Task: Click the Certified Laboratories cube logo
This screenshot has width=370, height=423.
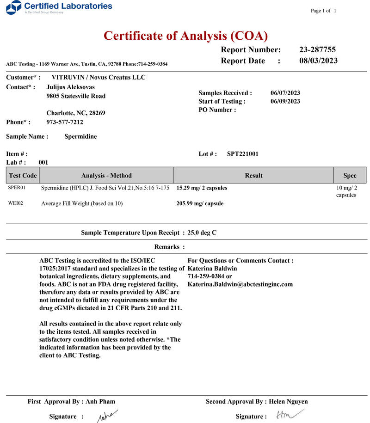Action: (16, 7)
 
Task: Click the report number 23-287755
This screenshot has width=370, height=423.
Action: (317, 50)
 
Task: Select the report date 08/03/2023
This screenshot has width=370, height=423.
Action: (318, 61)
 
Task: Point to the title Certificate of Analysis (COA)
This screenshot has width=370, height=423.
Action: (185, 36)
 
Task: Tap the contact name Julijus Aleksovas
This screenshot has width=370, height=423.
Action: (71, 87)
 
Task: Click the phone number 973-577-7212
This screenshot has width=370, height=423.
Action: (65, 122)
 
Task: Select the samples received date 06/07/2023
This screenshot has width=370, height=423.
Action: (285, 93)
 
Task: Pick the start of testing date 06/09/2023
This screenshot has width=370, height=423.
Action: (285, 101)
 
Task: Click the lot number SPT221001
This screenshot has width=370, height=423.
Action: (243, 154)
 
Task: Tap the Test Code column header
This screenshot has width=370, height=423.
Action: (23, 176)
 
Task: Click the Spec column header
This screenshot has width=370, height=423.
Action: (350, 176)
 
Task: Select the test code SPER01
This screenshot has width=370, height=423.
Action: (17, 188)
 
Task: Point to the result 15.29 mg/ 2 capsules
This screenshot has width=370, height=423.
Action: (202, 188)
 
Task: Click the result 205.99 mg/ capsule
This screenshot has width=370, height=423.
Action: (200, 203)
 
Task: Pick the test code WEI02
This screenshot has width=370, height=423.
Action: (16, 203)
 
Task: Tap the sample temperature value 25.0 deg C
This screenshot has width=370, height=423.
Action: (202, 233)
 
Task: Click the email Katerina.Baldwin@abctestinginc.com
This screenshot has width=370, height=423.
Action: (240, 284)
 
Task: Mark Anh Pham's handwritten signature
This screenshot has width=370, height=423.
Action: (107, 416)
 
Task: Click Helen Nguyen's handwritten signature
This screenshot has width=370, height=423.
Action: (284, 415)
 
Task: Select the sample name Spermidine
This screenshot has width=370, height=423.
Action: (80, 136)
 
